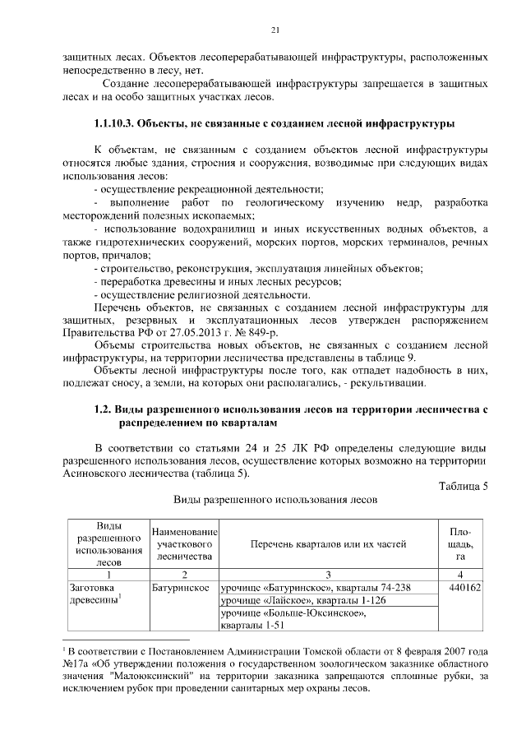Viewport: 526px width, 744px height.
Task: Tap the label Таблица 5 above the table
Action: [x=462, y=485]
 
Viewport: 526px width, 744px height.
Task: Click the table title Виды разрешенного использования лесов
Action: [x=275, y=499]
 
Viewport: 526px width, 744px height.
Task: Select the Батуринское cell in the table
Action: [x=178, y=588]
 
